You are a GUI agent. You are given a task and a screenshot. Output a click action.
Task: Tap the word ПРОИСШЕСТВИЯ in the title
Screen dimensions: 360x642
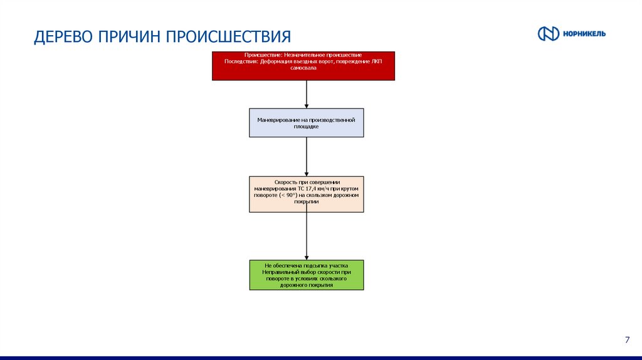coord(228,36)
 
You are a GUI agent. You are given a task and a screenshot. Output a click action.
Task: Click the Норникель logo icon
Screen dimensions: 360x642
coord(548,34)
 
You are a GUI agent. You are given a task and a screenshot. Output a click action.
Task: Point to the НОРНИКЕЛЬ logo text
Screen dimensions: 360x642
coord(584,34)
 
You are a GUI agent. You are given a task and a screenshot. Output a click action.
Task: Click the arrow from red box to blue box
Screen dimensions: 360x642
coord(307,94)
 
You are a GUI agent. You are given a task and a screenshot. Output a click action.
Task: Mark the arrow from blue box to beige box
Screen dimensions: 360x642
coord(307,157)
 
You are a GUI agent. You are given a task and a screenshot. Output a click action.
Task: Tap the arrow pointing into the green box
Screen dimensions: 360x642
coord(307,238)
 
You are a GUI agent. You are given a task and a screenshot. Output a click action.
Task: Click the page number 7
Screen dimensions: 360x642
coord(627,340)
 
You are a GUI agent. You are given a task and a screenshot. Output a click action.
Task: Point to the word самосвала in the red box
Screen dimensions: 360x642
coord(303,67)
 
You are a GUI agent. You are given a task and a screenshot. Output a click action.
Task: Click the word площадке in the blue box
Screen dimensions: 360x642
coord(307,126)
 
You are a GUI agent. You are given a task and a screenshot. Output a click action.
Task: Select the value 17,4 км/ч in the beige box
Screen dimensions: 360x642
coord(315,188)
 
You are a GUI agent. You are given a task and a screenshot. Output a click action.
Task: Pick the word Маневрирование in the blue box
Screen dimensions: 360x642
coord(278,120)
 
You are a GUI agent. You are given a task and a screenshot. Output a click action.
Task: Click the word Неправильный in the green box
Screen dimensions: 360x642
coord(281,272)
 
